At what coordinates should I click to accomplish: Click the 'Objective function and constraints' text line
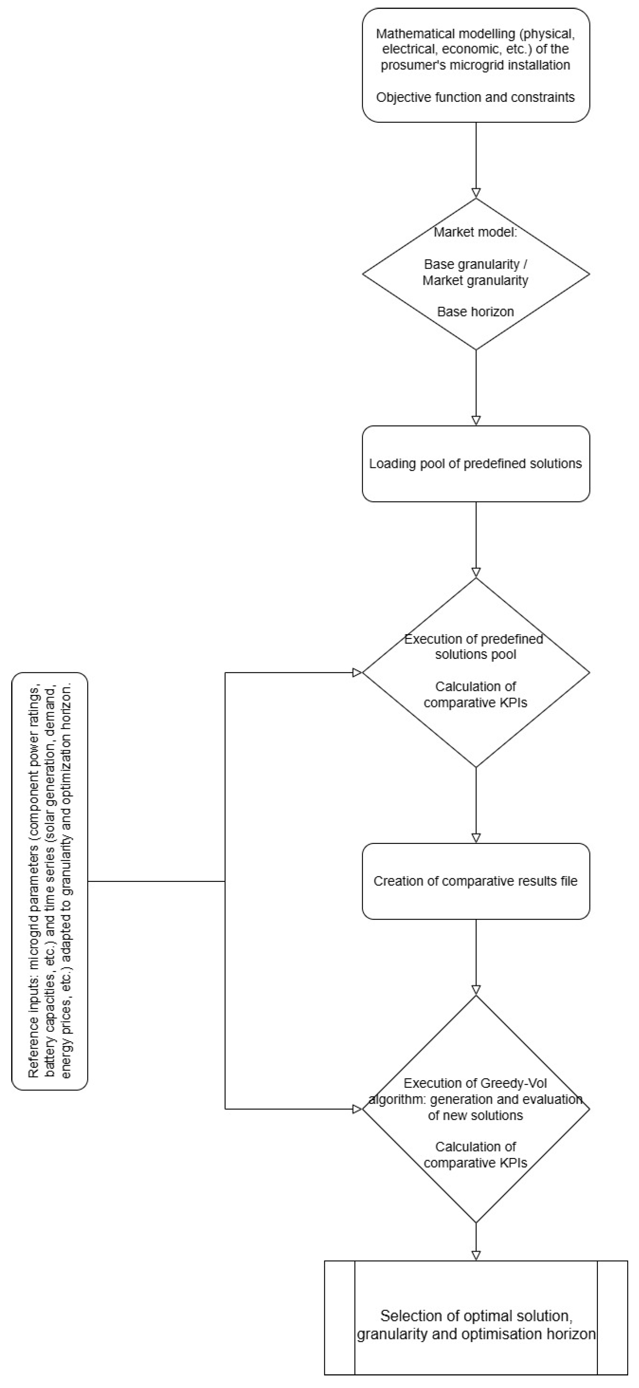tap(476, 97)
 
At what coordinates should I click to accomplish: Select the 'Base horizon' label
tap(476, 311)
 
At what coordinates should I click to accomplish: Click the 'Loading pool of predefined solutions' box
tap(476, 464)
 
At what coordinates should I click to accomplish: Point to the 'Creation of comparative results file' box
tap(476, 881)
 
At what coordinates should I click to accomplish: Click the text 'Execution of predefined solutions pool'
tap(474, 647)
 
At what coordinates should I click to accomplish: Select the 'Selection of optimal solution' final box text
tap(476, 1316)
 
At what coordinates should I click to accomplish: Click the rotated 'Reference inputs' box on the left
tap(50, 881)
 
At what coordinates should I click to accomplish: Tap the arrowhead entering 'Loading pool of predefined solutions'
tap(476, 420)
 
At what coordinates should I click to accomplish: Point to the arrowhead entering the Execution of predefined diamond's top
tap(476, 572)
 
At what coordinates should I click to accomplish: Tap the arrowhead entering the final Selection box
tap(476, 1255)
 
